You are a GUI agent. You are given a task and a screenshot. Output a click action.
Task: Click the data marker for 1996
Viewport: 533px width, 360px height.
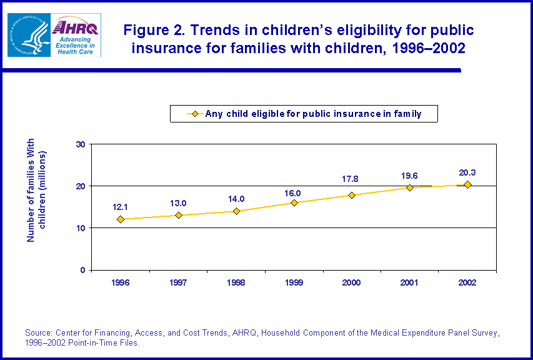[x=121, y=219]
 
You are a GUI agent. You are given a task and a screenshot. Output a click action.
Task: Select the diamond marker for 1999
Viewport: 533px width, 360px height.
[x=294, y=202]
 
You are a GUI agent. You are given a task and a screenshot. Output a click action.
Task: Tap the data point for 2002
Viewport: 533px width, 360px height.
[x=467, y=184]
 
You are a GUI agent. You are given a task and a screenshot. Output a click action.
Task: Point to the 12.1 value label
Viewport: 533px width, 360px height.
[x=121, y=206]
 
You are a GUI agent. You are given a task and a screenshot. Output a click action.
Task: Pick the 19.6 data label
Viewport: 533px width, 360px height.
[x=410, y=175]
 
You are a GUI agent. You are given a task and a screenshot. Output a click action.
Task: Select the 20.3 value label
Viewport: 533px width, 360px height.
[x=467, y=172]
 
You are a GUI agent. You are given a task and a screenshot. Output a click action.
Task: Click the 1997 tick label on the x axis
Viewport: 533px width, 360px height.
[x=178, y=282]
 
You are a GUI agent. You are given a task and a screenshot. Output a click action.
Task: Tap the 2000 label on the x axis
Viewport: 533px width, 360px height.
[x=352, y=282]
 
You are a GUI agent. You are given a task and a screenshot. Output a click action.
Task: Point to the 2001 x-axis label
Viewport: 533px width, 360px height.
[x=409, y=282]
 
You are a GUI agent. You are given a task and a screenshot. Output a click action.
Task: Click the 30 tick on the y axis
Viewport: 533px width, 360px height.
[x=80, y=144]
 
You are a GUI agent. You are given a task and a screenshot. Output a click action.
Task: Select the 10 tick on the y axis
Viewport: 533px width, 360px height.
[x=80, y=228]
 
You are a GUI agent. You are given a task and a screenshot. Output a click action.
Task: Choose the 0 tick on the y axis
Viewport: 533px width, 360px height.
[x=82, y=270]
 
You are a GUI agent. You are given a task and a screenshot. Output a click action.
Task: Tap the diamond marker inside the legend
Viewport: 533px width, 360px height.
[x=194, y=114]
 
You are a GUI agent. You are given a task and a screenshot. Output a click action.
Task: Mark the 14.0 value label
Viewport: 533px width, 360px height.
[x=236, y=199]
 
